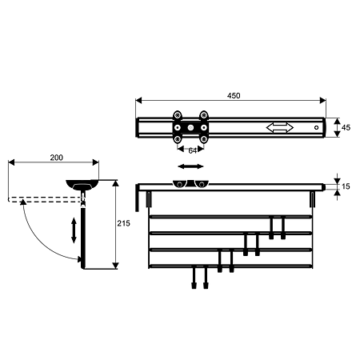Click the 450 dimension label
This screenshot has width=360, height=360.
tap(234, 95)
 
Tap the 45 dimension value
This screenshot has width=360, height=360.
tap(346, 127)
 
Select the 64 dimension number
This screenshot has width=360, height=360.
tap(193, 150)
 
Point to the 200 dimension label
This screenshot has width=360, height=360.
tap(57, 158)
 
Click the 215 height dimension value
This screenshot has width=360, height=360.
tap(124, 223)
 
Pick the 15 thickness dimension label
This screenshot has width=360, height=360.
tap(346, 186)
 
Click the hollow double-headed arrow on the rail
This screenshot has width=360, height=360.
tap(280, 127)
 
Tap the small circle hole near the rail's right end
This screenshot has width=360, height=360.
tap(316, 127)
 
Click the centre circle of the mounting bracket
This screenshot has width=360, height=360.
tap(190, 127)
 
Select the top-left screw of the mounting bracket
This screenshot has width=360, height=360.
tap(177, 115)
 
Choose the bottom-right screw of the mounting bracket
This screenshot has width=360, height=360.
tap(204, 139)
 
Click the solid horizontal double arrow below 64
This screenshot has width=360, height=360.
tap(190, 166)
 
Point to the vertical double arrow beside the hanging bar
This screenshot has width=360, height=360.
tap(74, 230)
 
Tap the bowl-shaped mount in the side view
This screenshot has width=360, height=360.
tap(82, 185)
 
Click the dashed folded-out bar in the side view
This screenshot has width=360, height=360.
tap(44, 199)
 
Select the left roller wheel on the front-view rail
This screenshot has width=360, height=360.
tap(179, 184)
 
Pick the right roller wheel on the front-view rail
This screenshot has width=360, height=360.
tap(202, 184)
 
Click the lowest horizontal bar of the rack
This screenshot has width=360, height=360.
tap(230, 266)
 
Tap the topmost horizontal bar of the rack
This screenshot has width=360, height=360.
tap(230, 217)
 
